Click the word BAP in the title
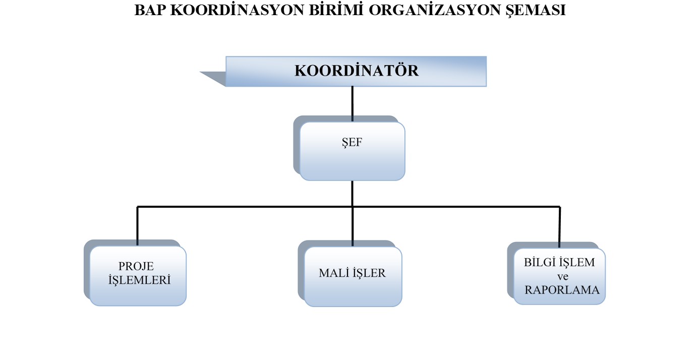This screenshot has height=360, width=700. tap(150, 10)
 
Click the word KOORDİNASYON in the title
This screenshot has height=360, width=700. tap(238, 10)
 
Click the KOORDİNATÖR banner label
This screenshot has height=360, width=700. tap(356, 71)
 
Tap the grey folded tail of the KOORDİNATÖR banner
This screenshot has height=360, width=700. tap(213, 79)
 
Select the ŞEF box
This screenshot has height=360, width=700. tap(352, 151)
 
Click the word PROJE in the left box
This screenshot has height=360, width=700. tap(136, 266)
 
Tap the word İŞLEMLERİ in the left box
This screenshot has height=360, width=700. tap(139, 280)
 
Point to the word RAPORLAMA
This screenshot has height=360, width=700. tap(562, 290)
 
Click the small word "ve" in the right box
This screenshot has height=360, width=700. tap(562, 277)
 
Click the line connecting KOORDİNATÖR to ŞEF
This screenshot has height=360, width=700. tap(353, 104)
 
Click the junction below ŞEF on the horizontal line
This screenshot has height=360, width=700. tap(353, 207)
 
